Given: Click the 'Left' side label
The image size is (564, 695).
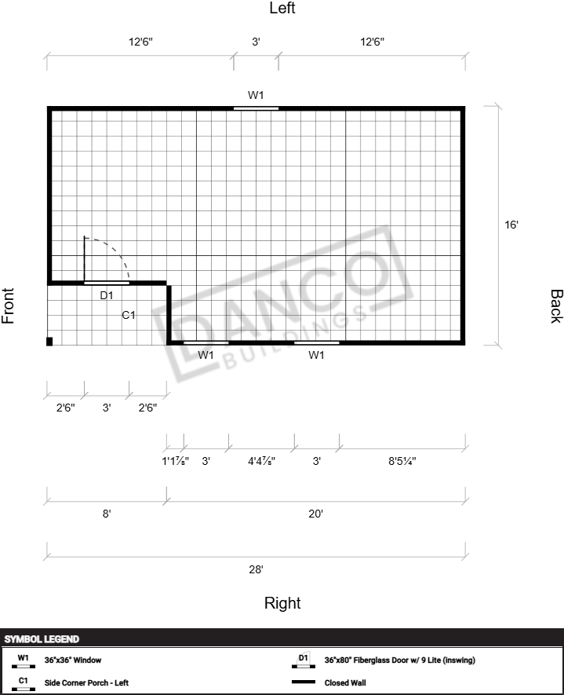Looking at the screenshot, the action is click(x=282, y=8).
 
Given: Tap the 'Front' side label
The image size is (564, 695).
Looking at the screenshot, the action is click(x=8, y=305).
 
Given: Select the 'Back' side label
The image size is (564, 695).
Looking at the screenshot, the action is click(x=556, y=306).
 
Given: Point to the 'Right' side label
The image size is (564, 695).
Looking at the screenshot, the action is click(x=282, y=603).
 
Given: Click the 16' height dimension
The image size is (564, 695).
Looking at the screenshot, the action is click(x=511, y=225).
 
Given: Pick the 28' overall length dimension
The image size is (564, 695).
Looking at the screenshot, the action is click(x=256, y=569).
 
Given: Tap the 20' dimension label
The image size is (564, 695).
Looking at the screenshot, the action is click(x=315, y=514).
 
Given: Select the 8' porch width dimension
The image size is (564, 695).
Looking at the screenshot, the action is click(x=107, y=514).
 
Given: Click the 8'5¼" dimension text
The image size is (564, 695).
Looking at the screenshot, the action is click(x=402, y=461).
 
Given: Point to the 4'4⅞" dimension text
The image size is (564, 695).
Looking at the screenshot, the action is click(x=261, y=461).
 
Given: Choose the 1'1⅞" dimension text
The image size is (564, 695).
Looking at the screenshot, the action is click(x=175, y=461).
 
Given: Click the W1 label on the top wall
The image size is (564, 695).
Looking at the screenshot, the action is click(x=256, y=95).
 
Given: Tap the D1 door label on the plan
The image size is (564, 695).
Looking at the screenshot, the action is click(x=107, y=295).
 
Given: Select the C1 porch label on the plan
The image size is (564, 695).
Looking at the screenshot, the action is click(x=129, y=315).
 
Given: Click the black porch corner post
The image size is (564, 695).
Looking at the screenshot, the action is click(x=49, y=342).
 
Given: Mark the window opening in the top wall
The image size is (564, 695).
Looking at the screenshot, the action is click(x=256, y=108).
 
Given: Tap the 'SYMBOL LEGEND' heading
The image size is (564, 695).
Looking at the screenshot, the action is click(x=42, y=639).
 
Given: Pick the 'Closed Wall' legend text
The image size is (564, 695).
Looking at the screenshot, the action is click(x=345, y=682).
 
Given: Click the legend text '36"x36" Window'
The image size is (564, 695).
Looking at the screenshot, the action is click(x=73, y=660).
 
